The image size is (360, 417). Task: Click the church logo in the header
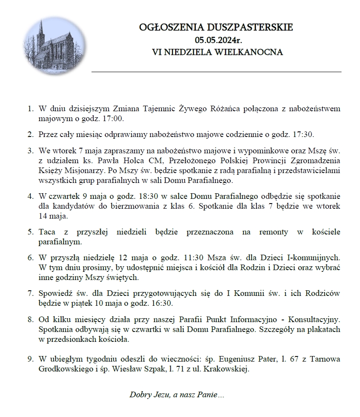point(55,45)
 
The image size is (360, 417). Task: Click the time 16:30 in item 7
point(162,304)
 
